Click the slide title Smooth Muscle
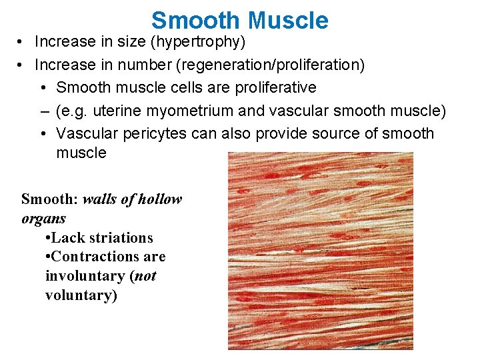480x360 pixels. (240, 20)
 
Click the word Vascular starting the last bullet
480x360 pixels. (83, 133)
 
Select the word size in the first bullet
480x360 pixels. (130, 42)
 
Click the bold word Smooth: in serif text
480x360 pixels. (50, 199)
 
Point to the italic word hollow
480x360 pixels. (158, 199)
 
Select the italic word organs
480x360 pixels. (44, 219)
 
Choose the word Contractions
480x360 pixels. (97, 257)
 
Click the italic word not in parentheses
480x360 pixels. (145, 276)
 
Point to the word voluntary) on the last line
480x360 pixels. (81, 295)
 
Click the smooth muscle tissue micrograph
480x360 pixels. (320, 251)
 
